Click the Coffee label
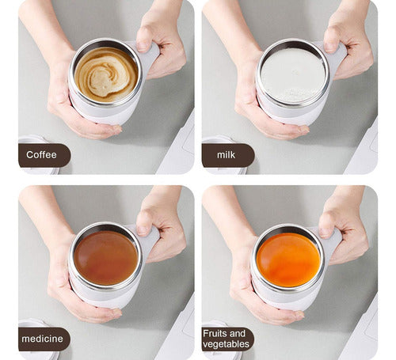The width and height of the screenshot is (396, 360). (x=41, y=155)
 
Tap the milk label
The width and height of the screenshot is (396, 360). (x=226, y=155)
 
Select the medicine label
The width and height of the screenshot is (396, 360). (x=42, y=339)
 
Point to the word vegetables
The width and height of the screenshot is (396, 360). (x=226, y=344)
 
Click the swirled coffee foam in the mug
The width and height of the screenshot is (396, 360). (x=106, y=74)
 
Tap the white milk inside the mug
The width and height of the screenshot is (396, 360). (x=293, y=75)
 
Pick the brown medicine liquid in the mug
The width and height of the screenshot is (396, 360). (x=106, y=258)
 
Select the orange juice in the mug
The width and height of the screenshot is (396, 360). (x=288, y=260)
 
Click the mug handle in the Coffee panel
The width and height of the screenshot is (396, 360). (x=150, y=57)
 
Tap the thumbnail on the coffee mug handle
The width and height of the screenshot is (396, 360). (x=143, y=47)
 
